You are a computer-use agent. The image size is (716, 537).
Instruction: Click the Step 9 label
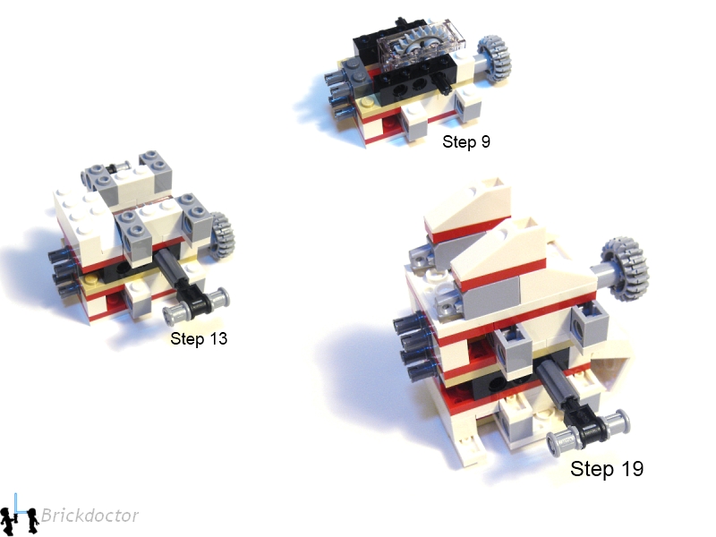[466, 141]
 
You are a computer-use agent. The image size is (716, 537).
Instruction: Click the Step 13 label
[199, 339]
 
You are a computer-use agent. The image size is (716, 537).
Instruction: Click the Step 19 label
[607, 468]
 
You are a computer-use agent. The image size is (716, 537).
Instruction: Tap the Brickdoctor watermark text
[89, 516]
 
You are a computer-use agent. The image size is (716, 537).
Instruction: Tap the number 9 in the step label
[486, 141]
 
